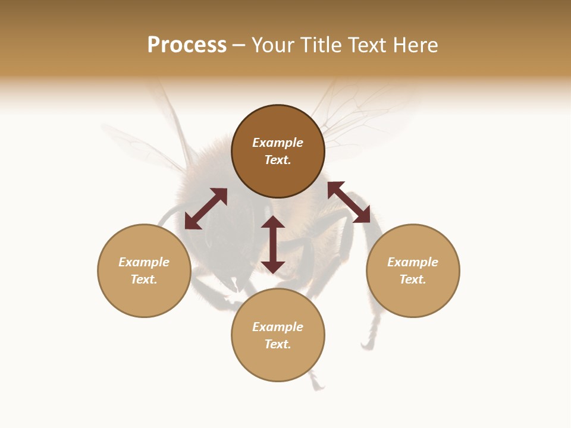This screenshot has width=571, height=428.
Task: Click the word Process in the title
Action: coord(187,45)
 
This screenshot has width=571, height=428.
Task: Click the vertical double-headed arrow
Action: coord(273,244)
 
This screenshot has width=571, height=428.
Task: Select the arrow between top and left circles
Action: coord(206,209)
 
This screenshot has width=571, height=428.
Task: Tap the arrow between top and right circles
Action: coord(349,202)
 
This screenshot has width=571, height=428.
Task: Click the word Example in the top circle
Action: coord(278,143)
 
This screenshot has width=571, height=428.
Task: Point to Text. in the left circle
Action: coord(144,279)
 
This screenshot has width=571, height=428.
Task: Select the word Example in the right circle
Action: coord(413,262)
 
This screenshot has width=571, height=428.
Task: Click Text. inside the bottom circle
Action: coord(278,344)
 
